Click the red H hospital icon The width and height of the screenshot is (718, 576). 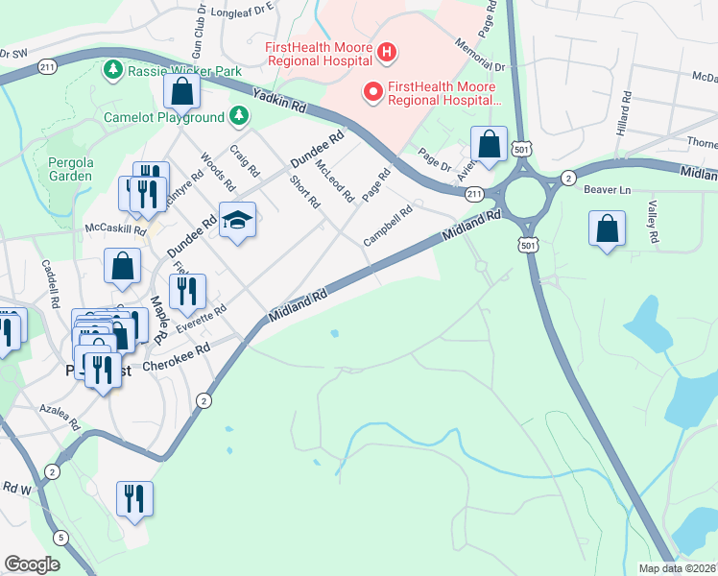click(x=387, y=52)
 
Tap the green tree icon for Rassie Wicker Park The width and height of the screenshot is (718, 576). click(x=113, y=70)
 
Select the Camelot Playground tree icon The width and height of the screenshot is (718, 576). click(x=239, y=117)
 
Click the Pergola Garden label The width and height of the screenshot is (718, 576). click(x=70, y=169)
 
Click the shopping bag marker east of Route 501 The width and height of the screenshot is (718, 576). click(x=607, y=229)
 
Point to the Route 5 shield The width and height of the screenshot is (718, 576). click(x=61, y=538)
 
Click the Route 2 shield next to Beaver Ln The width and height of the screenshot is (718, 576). click(x=568, y=178)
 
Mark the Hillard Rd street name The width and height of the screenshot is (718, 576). click(x=625, y=113)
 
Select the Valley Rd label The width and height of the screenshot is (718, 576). click(x=652, y=222)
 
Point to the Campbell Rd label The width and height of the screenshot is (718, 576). click(x=388, y=226)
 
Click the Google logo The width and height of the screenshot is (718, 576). click(x=32, y=564)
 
